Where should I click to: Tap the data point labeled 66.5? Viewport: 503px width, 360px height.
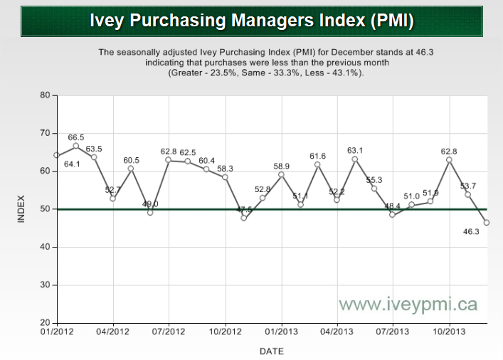click(x=75, y=145)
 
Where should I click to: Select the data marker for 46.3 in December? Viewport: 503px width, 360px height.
click(x=486, y=222)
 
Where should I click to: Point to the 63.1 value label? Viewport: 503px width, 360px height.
click(x=355, y=150)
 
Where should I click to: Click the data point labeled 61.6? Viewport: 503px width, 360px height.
click(x=318, y=164)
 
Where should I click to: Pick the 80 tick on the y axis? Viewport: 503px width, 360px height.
click(x=44, y=95)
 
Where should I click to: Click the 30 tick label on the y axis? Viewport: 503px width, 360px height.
click(x=44, y=285)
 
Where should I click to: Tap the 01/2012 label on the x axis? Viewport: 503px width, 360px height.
click(x=55, y=332)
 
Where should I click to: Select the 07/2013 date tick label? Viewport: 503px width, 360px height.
click(x=393, y=332)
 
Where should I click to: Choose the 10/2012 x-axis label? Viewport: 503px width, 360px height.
click(x=225, y=332)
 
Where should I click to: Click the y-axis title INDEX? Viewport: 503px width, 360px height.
click(x=21, y=209)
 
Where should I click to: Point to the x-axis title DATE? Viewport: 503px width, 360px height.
click(x=271, y=351)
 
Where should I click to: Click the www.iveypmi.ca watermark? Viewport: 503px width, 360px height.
click(x=408, y=305)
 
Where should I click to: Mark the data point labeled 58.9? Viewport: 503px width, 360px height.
click(x=281, y=174)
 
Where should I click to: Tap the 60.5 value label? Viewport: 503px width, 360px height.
click(x=132, y=160)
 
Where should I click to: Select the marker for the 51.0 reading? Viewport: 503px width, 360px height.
click(x=411, y=205)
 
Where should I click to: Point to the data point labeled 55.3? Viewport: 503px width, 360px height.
click(x=374, y=188)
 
